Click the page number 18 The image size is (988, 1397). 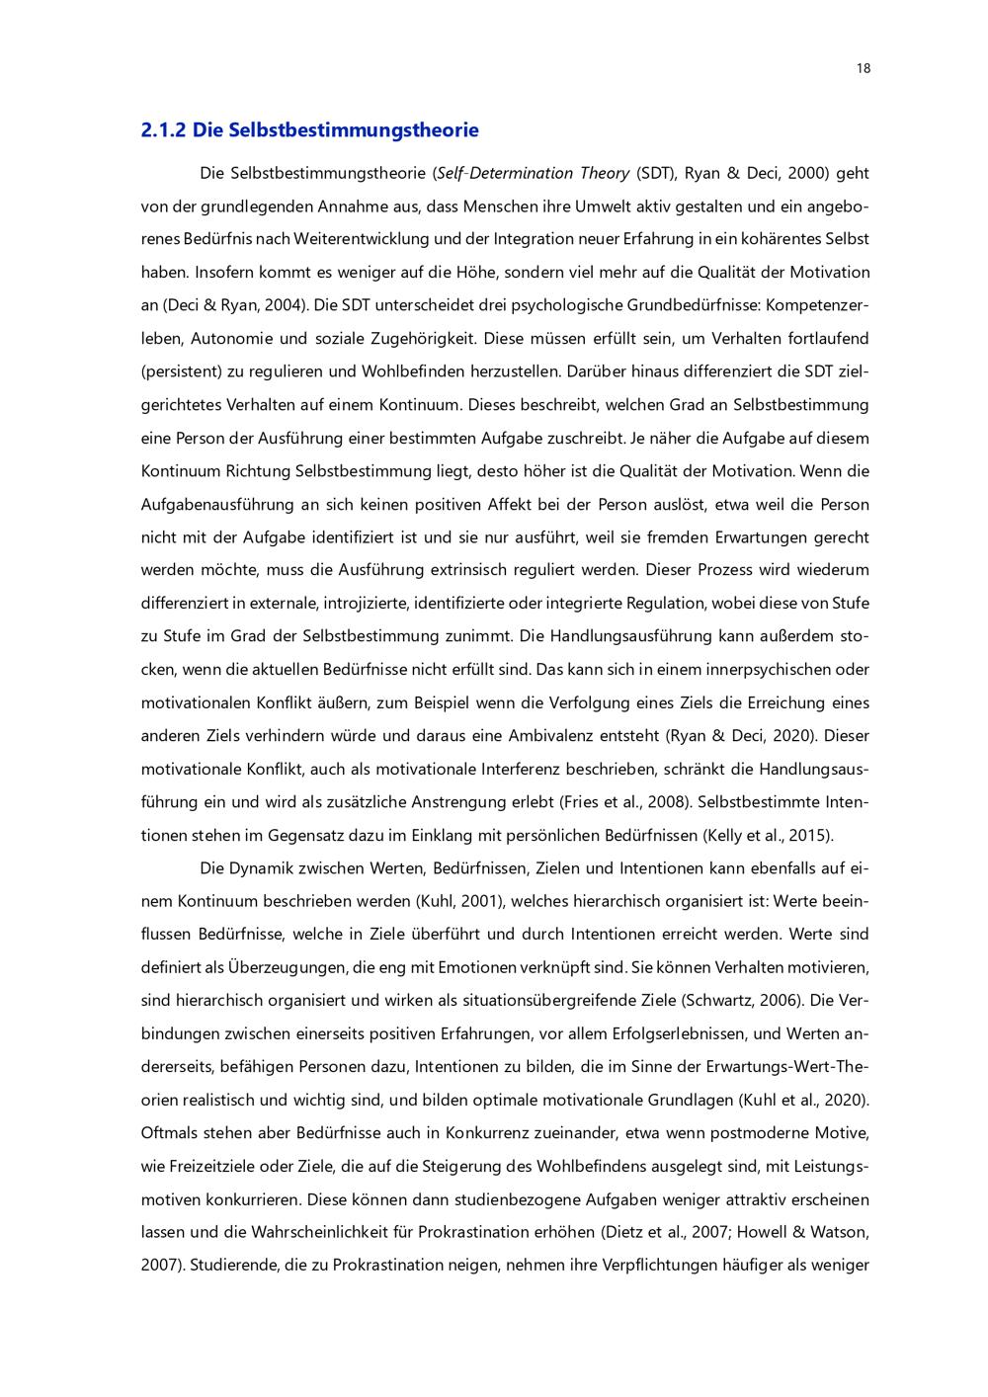[x=863, y=68]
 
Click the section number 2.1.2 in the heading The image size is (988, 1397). [x=163, y=129]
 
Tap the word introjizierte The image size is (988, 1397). [x=366, y=603]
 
